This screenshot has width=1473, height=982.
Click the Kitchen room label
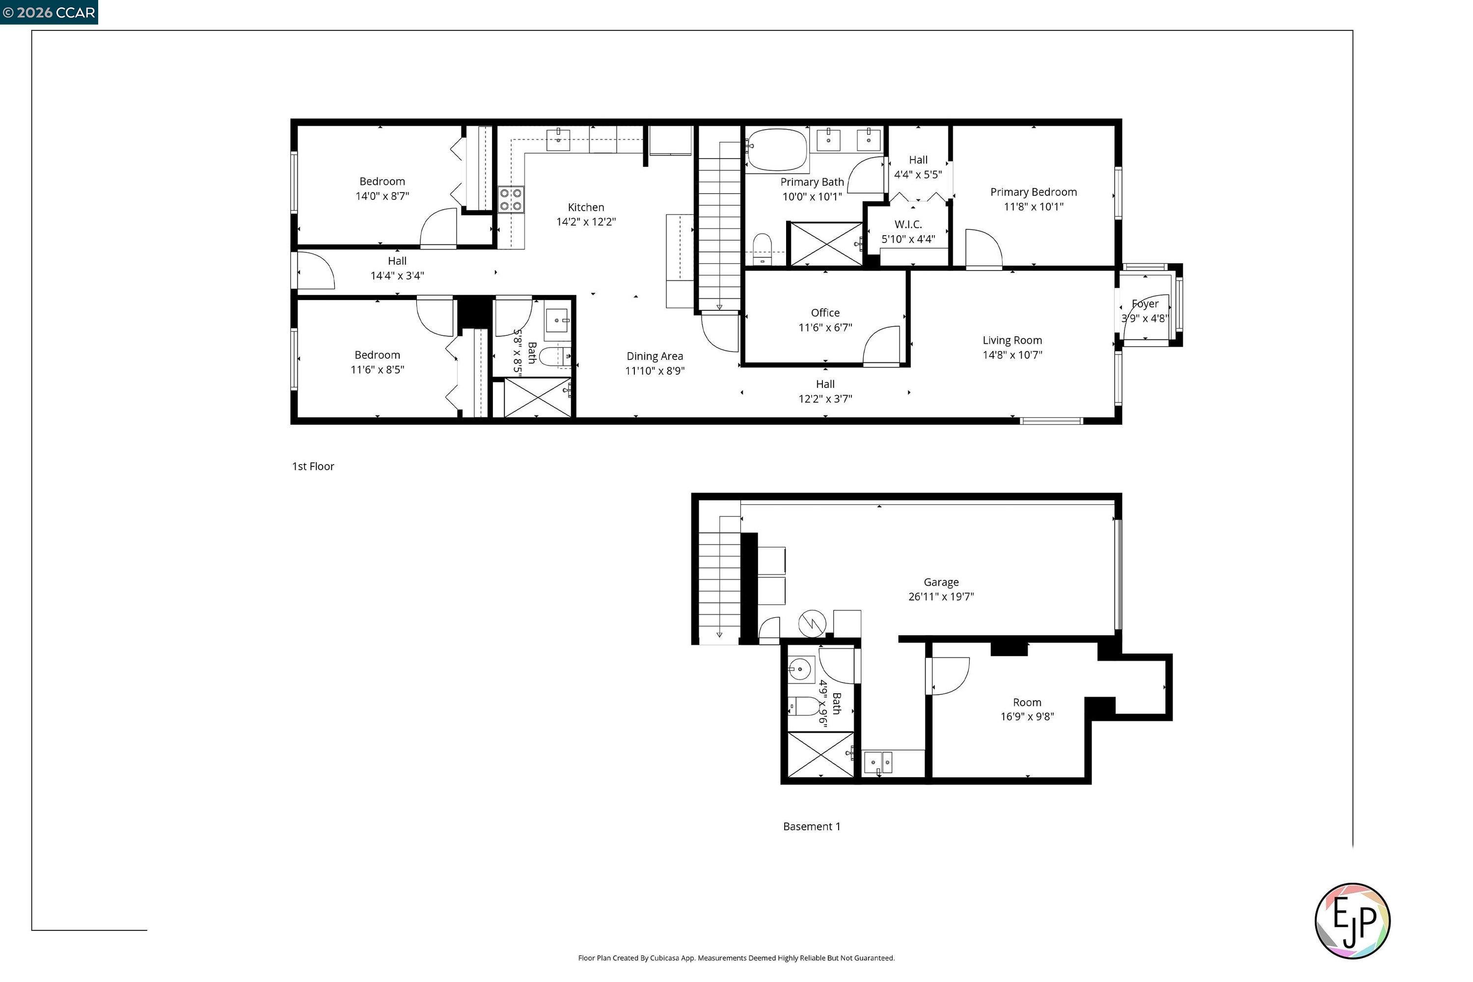586,207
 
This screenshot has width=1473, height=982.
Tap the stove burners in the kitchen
511,200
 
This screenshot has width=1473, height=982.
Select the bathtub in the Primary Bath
777,150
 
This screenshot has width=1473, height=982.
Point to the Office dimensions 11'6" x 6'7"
825,327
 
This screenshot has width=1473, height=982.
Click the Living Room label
1012,341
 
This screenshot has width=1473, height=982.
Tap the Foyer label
1145,304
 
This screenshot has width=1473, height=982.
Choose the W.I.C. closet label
908,224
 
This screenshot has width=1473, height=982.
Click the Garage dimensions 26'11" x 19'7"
941,597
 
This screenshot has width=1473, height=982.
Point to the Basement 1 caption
812,827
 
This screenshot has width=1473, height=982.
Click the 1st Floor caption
313,466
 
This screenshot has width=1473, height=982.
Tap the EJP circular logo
1352,921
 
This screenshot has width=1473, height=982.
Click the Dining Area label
655,356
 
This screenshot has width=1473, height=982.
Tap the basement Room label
1027,703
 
